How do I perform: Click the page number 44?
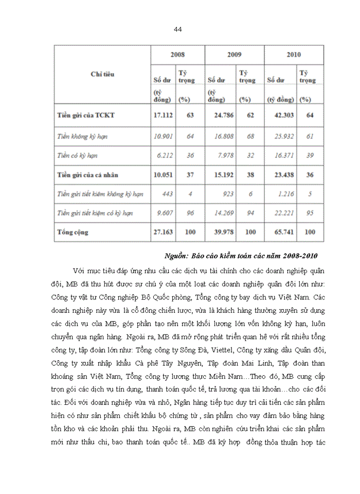click(x=178, y=29)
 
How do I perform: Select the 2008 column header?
click(x=177, y=54)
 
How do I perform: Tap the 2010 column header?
click(x=294, y=54)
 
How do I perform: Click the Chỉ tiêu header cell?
click(x=102, y=74)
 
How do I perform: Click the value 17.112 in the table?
click(x=163, y=115)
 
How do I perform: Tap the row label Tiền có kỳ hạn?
click(x=78, y=155)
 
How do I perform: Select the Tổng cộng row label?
click(x=73, y=232)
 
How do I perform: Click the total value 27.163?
click(x=163, y=232)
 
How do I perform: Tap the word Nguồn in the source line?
click(x=176, y=256)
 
